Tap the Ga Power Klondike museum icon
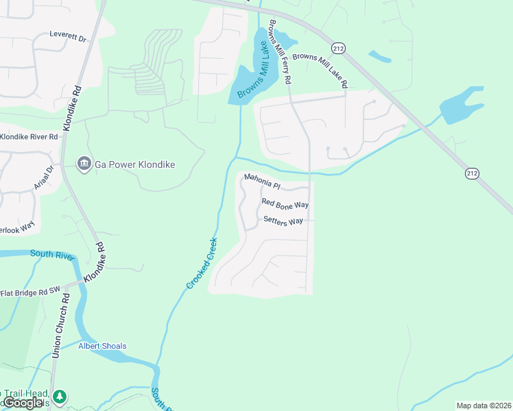pos(84,164)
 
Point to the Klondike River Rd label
pos(29,137)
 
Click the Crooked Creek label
pos(202,262)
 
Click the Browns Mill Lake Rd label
pos(320,71)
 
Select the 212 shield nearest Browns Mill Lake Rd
pos(337,47)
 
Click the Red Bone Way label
pos(285,203)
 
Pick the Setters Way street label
pos(283,221)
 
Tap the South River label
pos(51,255)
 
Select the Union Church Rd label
pos(61,325)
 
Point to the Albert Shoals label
pos(102,346)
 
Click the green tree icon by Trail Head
pos(60,396)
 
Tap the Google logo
pos(23,402)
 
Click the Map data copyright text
pos(483,406)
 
